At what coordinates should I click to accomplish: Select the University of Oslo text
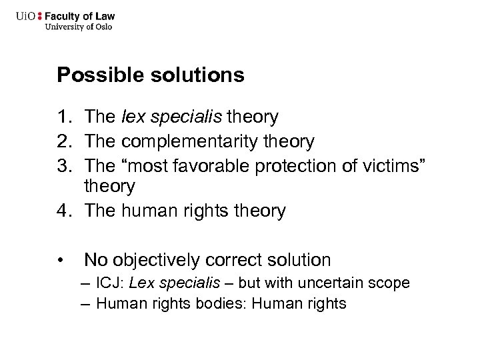pos(78,27)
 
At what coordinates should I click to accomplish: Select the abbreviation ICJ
pos(109,283)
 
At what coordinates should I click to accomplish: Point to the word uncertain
pos(334,283)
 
